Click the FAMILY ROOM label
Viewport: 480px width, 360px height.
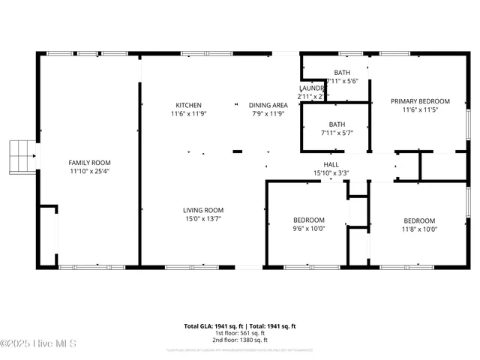[90, 163]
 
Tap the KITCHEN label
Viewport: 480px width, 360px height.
[188, 105]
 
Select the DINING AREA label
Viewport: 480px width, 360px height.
[268, 105]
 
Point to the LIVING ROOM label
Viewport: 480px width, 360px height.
[203, 210]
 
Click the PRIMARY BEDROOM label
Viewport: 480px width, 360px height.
[420, 101]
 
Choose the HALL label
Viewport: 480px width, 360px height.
[331, 164]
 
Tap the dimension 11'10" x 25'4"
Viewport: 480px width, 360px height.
[90, 172]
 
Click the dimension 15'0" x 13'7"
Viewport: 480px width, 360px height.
[203, 219]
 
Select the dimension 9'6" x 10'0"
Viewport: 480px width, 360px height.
[308, 229]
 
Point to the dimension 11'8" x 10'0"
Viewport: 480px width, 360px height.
[419, 229]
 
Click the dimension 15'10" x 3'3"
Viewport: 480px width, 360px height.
[331, 173]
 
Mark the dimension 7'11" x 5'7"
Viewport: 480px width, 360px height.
[337, 133]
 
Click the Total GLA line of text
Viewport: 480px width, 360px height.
[240, 326]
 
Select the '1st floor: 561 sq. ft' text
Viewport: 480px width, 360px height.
[240, 333]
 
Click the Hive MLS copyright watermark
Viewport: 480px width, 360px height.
[38, 344]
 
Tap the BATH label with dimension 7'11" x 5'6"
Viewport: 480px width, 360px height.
[342, 72]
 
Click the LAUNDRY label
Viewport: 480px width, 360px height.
[311, 88]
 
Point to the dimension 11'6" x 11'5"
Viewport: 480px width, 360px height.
[420, 110]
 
